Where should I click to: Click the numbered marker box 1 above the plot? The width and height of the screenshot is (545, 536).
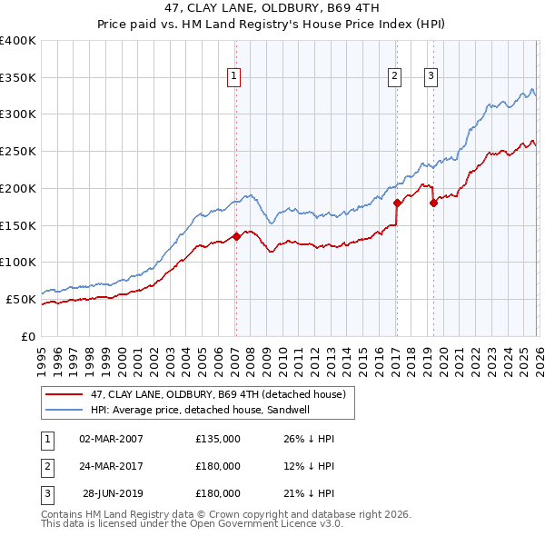click(x=234, y=77)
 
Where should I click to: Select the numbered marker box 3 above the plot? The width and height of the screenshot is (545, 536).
click(x=430, y=77)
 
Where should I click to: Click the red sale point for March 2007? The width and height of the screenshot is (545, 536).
click(x=236, y=236)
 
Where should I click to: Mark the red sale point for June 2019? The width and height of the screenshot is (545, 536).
click(x=433, y=203)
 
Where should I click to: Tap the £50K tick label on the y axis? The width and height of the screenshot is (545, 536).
click(x=21, y=299)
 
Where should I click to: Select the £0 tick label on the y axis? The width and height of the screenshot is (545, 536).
click(x=30, y=336)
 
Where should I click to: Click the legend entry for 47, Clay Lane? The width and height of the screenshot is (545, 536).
click(x=217, y=395)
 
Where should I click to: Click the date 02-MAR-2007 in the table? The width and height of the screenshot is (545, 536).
click(x=111, y=439)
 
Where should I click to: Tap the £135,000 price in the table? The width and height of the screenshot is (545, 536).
click(x=217, y=439)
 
